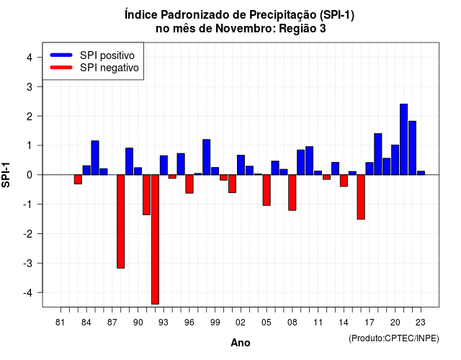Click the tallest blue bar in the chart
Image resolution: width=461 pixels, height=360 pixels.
tap(403, 139)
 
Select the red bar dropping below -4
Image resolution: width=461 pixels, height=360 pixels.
tap(155, 239)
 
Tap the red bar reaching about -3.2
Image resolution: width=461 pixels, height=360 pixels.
tap(120, 221)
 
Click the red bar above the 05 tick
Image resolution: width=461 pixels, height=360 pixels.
tap(267, 190)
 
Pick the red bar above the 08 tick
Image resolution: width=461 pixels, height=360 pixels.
tap(292, 192)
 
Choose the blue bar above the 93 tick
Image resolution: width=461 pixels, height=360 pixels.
tap(164, 165)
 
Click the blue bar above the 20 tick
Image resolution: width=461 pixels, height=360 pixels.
tap(395, 160)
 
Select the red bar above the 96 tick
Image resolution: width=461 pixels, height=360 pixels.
tap(189, 184)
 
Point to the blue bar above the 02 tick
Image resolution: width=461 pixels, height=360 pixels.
tap(241, 165)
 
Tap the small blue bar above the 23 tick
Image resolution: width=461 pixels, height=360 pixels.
tap(421, 173)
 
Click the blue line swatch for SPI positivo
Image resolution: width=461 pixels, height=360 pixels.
tap(61, 55)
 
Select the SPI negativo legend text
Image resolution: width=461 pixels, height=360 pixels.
tap(109, 68)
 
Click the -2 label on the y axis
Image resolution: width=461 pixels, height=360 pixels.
tap(28, 233)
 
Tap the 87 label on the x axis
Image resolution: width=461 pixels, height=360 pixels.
tap(112, 323)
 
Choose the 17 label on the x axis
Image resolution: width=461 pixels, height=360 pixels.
tap(370, 323)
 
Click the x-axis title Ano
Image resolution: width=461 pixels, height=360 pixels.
tap(241, 343)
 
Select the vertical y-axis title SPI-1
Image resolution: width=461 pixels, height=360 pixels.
tap(6, 175)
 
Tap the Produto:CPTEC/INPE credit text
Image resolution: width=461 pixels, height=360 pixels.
tap(394, 338)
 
